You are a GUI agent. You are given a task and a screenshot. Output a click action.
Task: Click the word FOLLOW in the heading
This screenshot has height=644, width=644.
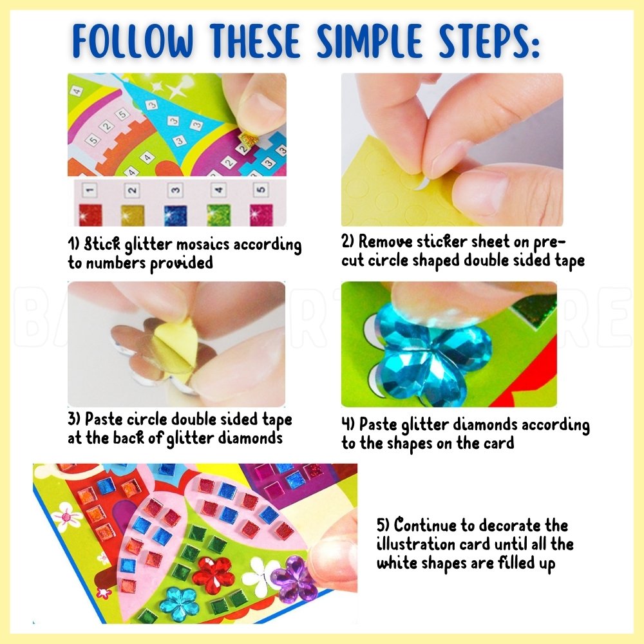point(133,41)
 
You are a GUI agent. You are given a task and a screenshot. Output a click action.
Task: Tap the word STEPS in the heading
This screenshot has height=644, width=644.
point(489,41)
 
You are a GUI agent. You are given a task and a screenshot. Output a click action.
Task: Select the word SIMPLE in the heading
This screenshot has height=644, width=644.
point(370,41)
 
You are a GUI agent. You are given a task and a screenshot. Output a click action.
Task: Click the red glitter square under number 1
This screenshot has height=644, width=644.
point(90,214)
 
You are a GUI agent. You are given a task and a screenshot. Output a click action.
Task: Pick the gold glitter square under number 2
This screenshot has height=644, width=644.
point(133,215)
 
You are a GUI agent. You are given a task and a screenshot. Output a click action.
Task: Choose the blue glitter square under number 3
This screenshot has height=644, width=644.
point(175,215)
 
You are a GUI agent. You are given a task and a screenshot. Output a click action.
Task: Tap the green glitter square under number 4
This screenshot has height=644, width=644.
point(218,215)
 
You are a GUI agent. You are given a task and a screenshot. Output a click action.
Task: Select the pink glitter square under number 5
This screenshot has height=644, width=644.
point(261,215)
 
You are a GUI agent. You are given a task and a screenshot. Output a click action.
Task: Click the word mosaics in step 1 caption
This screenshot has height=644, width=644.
point(203,244)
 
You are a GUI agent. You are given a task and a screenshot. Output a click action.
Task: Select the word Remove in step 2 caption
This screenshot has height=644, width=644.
point(385,241)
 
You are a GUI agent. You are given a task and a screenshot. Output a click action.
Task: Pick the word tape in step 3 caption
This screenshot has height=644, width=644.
point(277,420)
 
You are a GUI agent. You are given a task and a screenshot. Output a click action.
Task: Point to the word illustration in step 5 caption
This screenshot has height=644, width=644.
point(416,544)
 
